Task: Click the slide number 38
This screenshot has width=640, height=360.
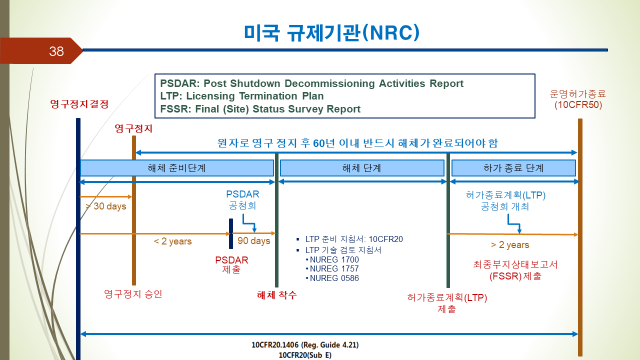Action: point(56,51)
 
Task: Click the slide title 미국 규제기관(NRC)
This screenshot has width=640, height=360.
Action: point(331,33)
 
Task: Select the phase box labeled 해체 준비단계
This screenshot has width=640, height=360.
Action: point(177,168)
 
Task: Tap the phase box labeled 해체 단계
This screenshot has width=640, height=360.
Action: point(362,168)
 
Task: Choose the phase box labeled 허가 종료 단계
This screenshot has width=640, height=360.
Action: point(513,168)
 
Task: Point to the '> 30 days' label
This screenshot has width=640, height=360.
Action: point(106,206)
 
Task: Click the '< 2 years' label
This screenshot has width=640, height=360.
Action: point(172,241)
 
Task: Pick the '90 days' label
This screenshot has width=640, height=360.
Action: point(253,241)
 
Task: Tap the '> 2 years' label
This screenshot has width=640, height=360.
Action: point(510,245)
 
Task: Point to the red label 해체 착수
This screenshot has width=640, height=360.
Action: point(277,295)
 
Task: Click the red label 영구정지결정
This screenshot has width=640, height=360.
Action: point(79,103)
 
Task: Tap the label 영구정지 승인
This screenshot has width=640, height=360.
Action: point(133,294)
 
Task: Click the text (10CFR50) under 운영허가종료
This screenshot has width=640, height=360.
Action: point(578,105)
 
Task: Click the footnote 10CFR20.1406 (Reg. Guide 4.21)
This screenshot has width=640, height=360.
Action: point(305,345)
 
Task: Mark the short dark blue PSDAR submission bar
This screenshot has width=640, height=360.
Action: point(231,233)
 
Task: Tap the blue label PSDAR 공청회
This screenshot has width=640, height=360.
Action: point(242,200)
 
